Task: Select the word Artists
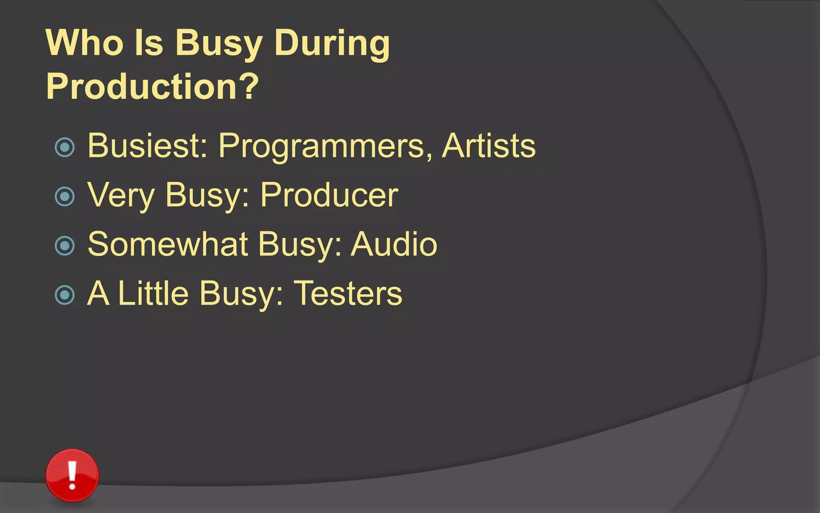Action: [488, 145]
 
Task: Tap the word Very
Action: [121, 195]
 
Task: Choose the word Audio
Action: [394, 244]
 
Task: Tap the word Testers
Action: [348, 293]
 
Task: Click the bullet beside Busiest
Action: [65, 147]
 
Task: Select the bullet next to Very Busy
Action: [65, 196]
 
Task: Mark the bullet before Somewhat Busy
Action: [65, 246]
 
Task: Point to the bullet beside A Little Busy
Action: [65, 295]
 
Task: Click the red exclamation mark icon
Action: [72, 475]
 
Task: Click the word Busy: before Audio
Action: [300, 244]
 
